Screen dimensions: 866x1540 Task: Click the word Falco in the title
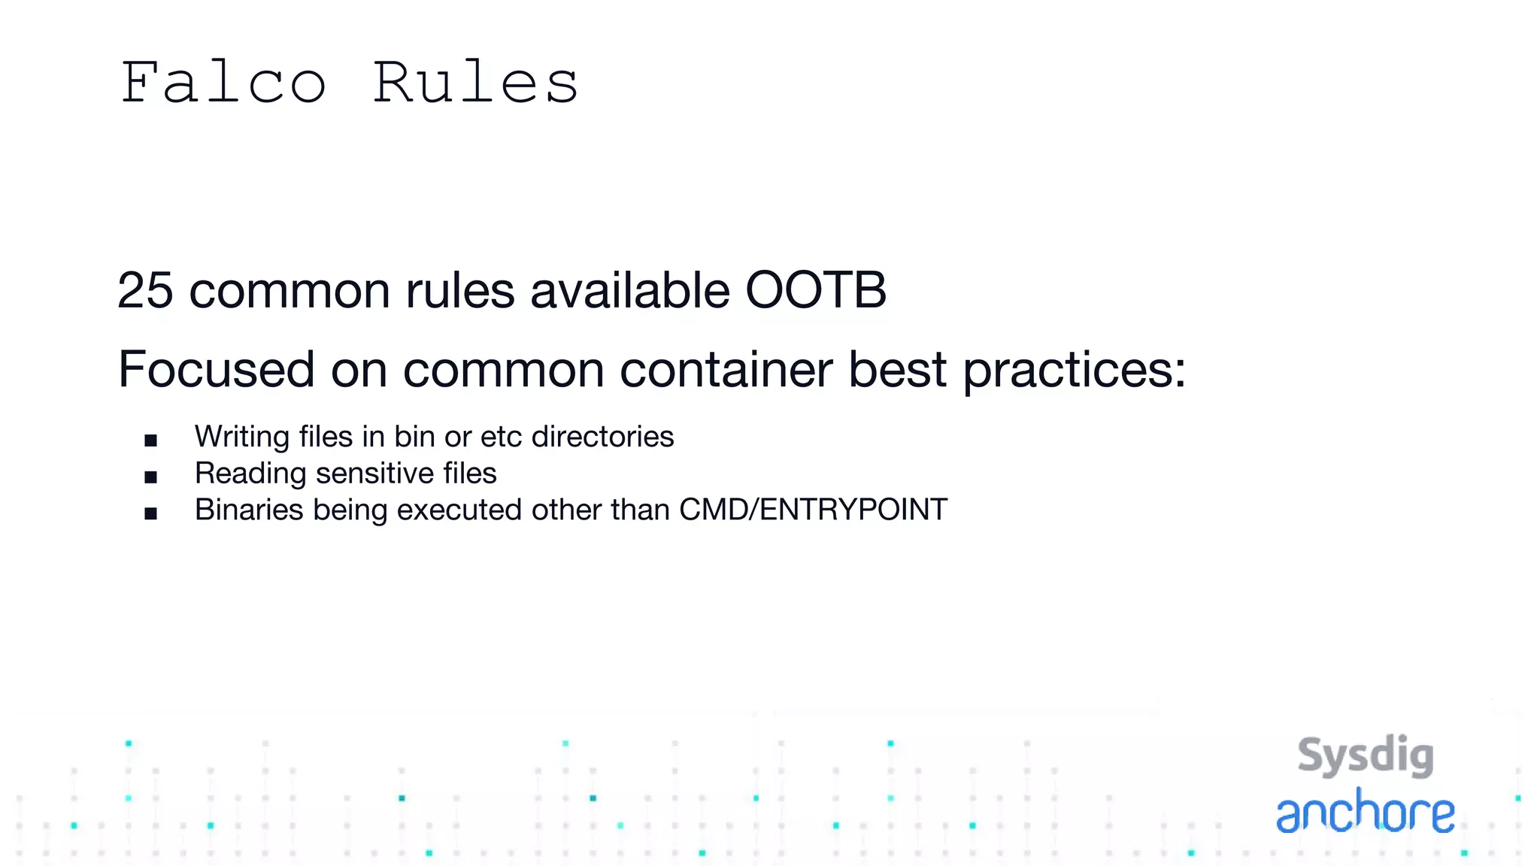click(223, 83)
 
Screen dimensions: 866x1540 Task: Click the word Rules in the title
click(475, 83)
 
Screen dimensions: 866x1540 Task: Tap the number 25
click(145, 290)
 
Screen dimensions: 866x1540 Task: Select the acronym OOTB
click(816, 290)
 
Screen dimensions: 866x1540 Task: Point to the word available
click(630, 290)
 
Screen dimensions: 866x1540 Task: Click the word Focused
click(217, 369)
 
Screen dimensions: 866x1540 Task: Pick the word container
click(726, 369)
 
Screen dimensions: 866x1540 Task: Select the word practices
click(1074, 371)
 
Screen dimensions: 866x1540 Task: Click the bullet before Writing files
click(151, 441)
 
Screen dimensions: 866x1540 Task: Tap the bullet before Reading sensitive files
click(151, 477)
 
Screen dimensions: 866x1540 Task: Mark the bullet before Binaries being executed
click(151, 513)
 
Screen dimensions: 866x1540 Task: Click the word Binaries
click(249, 510)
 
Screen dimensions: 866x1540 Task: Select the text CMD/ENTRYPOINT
click(813, 510)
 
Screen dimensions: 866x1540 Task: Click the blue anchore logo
click(1366, 813)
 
